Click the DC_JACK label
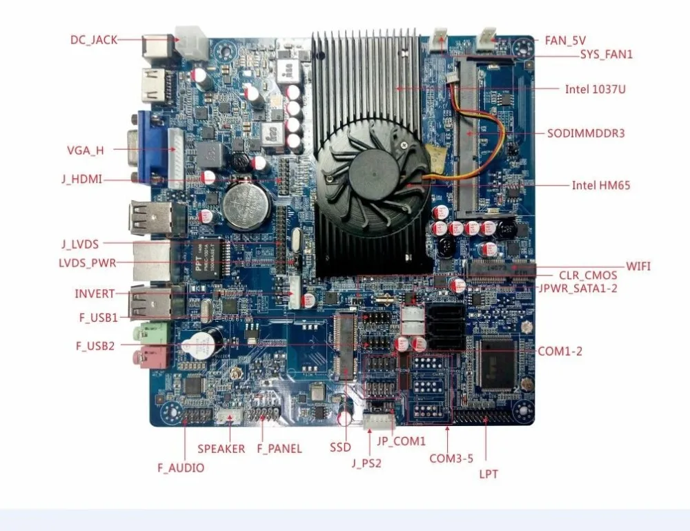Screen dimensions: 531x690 tap(94, 40)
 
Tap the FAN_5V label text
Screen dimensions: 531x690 tap(565, 41)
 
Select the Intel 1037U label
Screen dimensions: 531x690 tap(595, 89)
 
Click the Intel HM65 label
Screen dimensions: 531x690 tap(600, 185)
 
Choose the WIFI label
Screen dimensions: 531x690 tap(638, 266)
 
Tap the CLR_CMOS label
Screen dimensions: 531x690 tap(588, 276)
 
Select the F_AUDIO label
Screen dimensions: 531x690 tap(181, 467)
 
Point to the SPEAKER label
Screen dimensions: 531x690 tap(221, 449)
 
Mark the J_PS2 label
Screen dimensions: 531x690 tap(366, 463)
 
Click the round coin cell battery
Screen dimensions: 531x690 tap(246, 204)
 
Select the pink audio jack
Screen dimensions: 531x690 tap(154, 358)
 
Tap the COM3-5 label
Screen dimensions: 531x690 tap(451, 458)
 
